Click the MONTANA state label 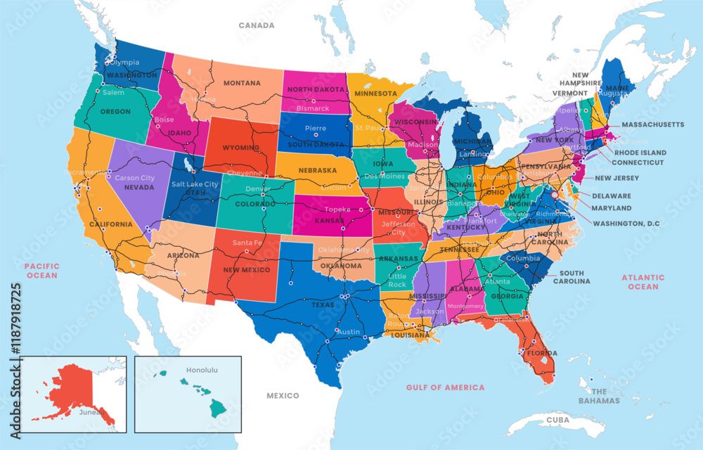click(242, 83)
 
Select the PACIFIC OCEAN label click(41, 271)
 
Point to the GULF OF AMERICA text click(445, 387)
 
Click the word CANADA click(256, 25)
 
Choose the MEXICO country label click(283, 396)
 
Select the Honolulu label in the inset click(202, 370)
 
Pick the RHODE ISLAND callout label click(640, 153)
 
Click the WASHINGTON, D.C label click(626, 224)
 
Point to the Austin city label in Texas click(349, 332)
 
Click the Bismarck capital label click(313, 109)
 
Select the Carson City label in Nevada click(134, 178)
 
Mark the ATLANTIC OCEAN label click(643, 282)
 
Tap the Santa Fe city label click(247, 242)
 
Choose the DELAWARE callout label click(611, 196)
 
